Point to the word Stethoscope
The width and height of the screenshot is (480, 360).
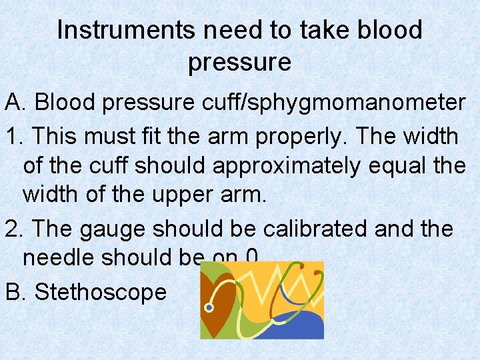(x=100, y=292)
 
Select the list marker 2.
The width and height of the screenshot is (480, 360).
(x=13, y=229)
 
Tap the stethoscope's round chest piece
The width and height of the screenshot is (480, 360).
(x=209, y=307)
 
